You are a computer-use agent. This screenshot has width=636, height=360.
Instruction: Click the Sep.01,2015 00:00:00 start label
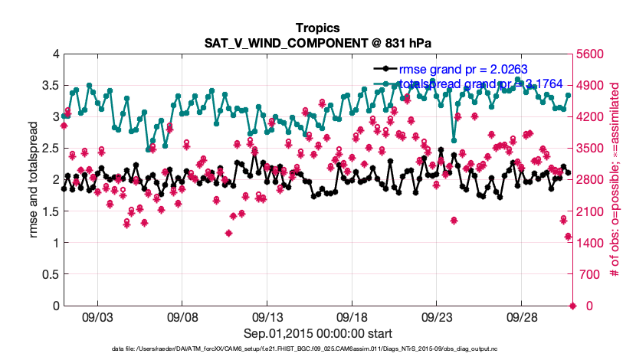318,333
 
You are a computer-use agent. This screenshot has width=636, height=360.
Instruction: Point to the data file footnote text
318,350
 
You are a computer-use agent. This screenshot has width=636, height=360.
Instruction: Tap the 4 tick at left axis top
54,54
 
